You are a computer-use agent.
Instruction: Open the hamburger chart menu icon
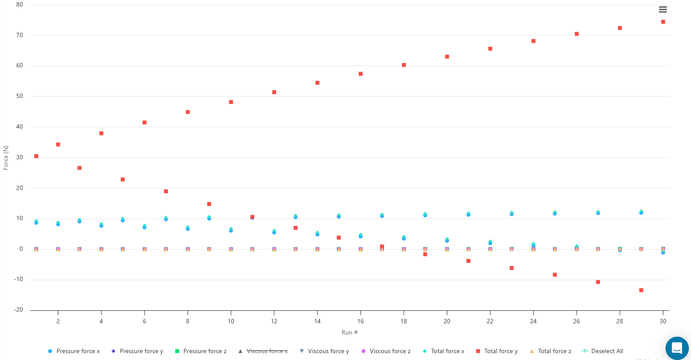tap(663, 9)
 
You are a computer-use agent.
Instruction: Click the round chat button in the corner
tap(677, 348)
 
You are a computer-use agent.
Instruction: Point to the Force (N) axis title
tap(6, 158)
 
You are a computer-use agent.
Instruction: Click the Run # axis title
tap(350, 332)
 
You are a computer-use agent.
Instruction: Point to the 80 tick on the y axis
tap(19, 5)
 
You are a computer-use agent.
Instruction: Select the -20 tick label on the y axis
tap(19, 310)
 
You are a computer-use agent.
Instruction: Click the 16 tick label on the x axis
tap(360, 321)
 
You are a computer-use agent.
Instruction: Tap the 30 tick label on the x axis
tap(663, 321)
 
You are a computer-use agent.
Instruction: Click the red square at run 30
tap(663, 22)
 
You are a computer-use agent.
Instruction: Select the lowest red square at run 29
tap(641, 290)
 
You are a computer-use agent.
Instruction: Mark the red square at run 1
tap(36, 156)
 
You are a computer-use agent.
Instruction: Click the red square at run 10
tap(231, 102)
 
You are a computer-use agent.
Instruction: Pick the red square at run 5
tap(123, 180)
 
